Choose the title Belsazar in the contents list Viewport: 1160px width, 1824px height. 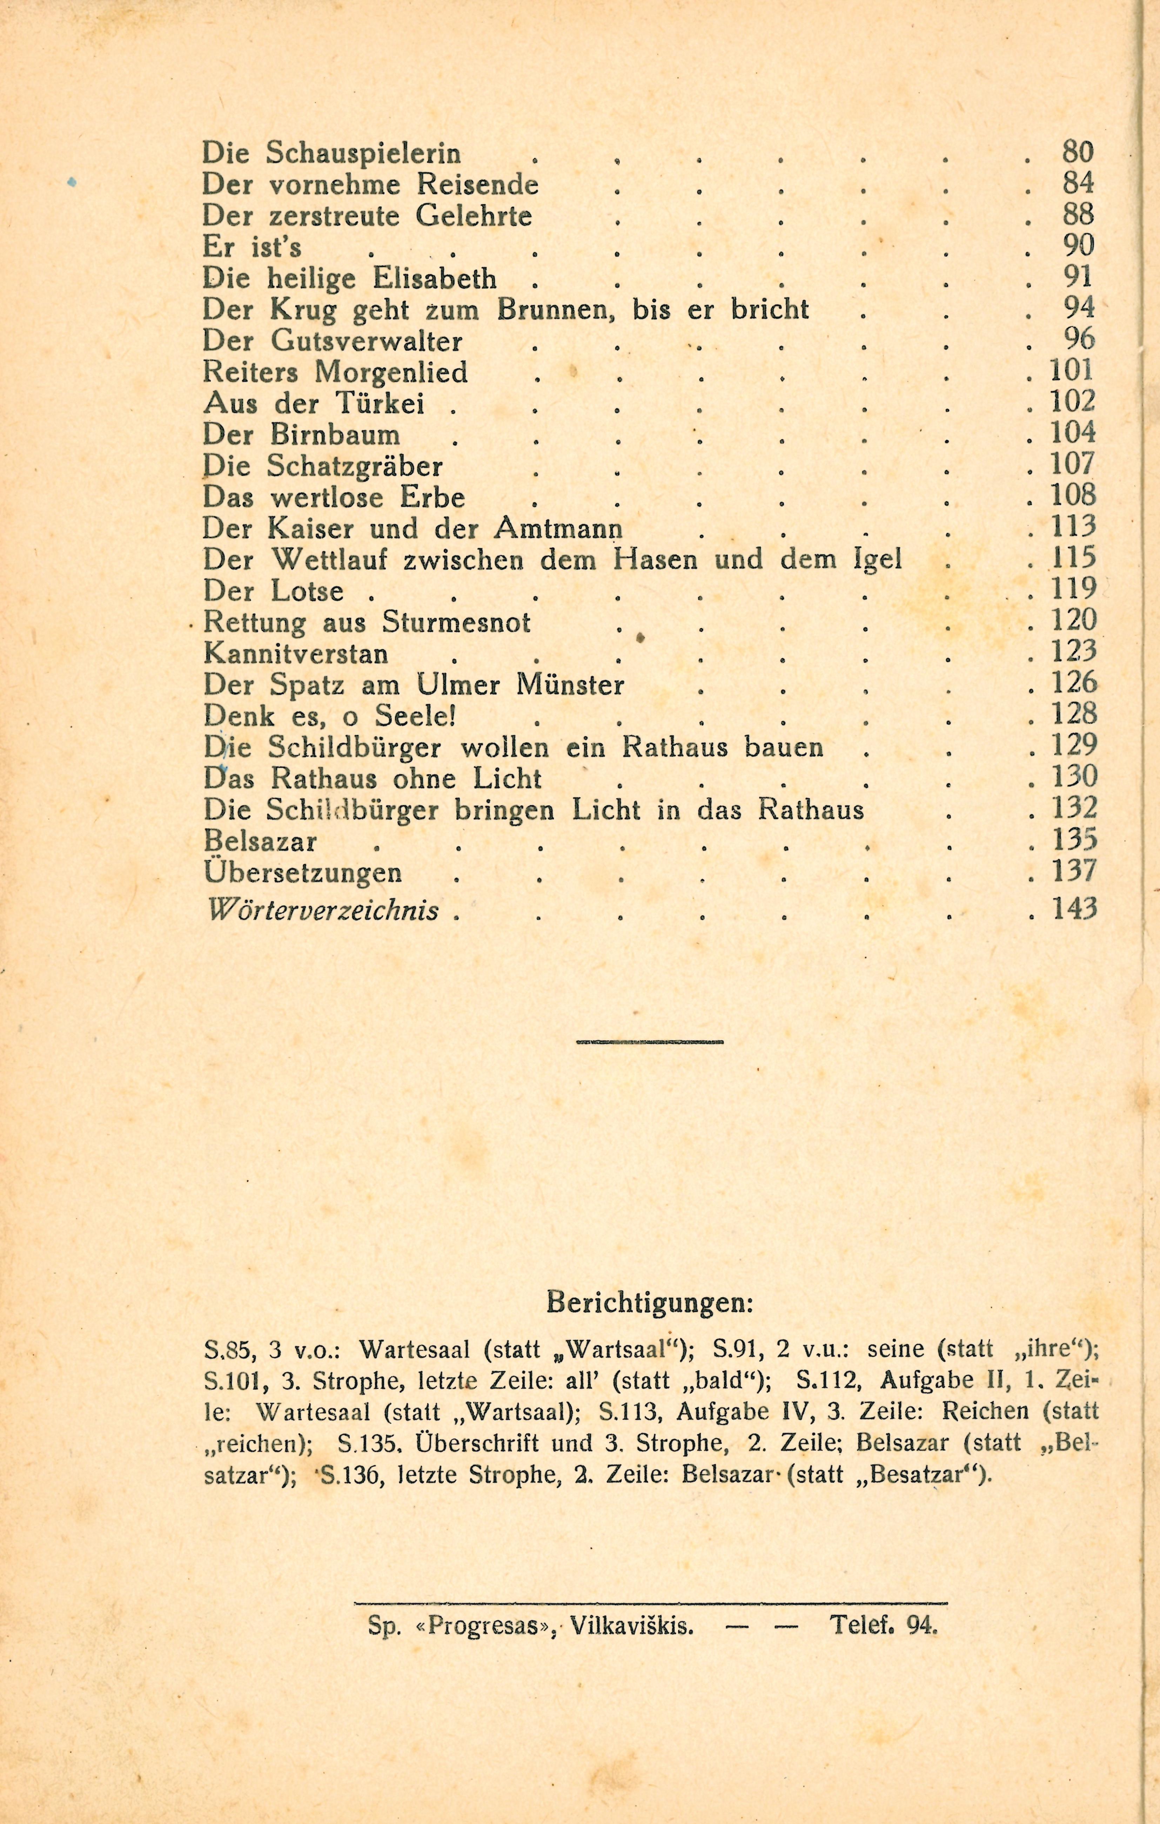coord(260,841)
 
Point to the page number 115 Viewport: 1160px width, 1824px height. coord(1074,558)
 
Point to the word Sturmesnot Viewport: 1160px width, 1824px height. coord(456,623)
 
